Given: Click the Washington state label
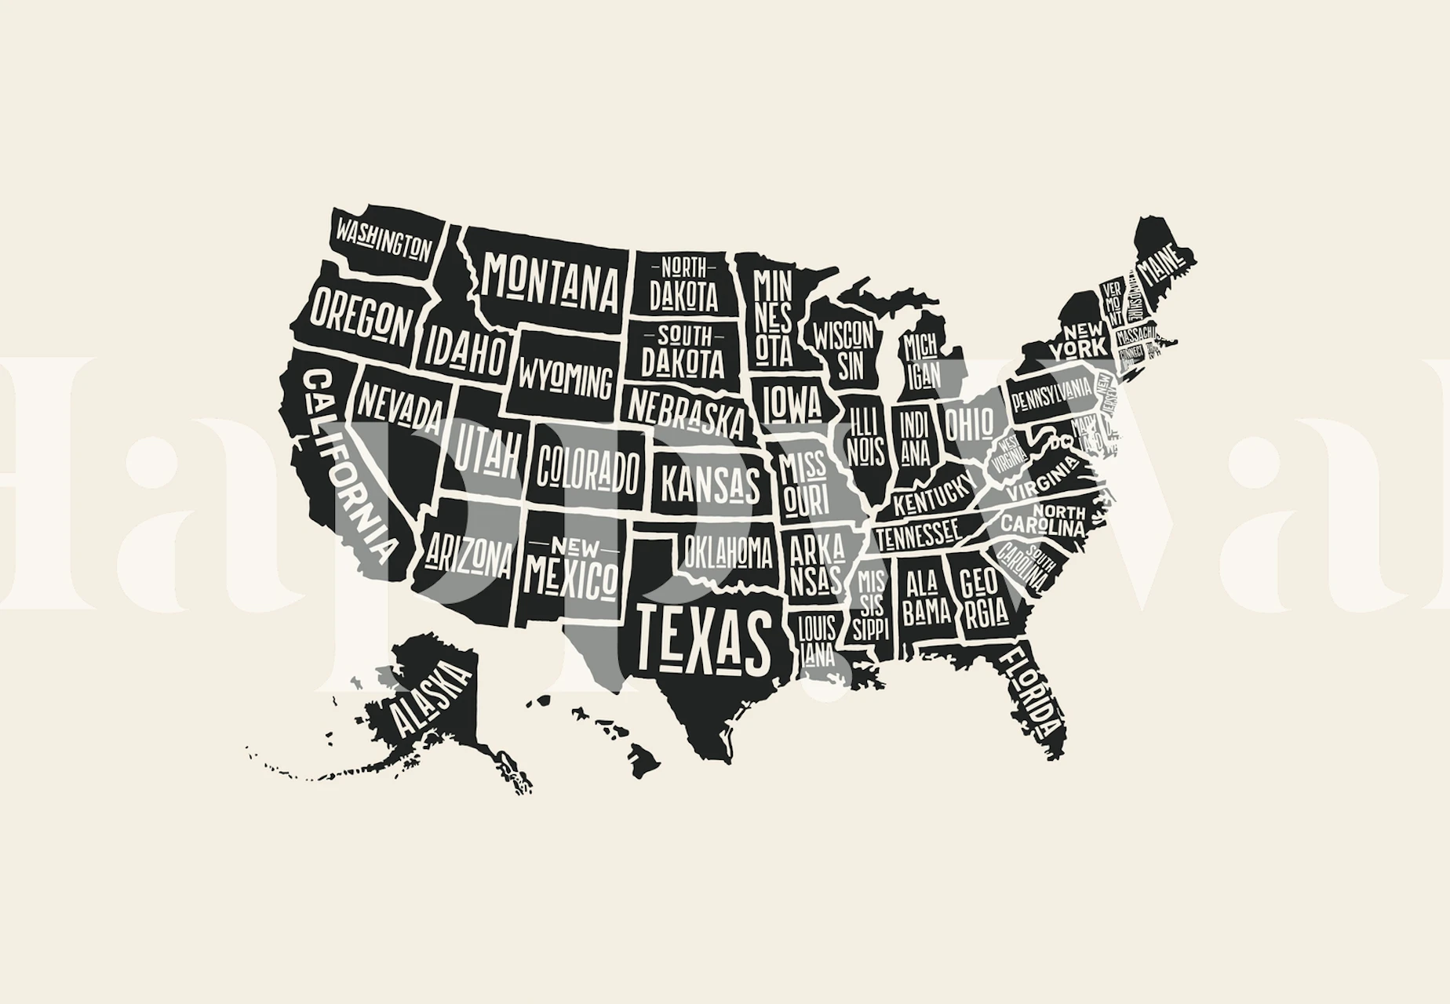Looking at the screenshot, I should tap(384, 239).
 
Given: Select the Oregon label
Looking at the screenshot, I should tap(360, 317).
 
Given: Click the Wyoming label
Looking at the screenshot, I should tap(564, 380).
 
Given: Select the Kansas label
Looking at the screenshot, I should tap(711, 482).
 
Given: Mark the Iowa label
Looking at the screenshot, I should tap(791, 402).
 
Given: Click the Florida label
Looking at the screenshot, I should tap(1035, 691).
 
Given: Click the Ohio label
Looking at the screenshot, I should tap(968, 424).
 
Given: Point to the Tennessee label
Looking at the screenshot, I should tap(918, 536).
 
